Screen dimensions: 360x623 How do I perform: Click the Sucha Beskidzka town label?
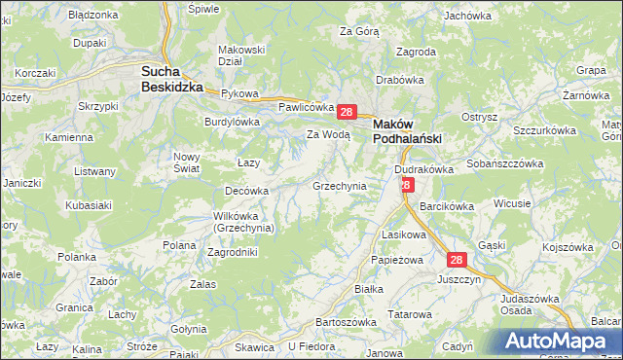[171, 78]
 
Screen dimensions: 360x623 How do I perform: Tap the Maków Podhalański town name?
[408, 130]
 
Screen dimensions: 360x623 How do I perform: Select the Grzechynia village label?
[339, 185]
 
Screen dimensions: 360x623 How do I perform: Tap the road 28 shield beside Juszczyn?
[458, 260]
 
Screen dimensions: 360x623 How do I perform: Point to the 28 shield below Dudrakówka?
[407, 185]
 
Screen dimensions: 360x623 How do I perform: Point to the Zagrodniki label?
[233, 252]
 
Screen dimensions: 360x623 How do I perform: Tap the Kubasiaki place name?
[87, 205]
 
